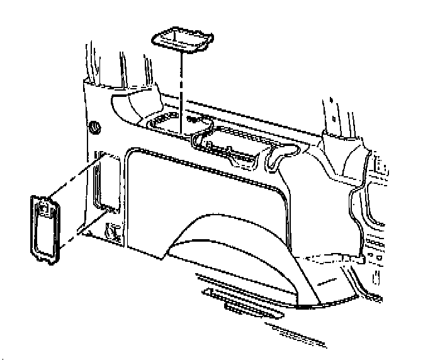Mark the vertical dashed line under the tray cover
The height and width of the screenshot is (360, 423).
tap(181, 94)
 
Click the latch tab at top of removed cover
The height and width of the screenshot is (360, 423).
tap(45, 205)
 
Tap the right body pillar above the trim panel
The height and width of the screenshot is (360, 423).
tap(334, 120)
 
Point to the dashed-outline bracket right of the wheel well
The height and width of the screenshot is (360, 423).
tap(334, 258)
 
